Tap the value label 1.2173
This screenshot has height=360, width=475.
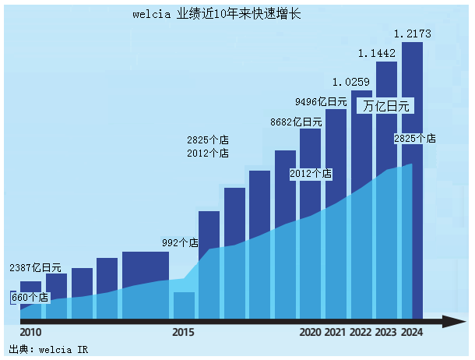pos(413,34)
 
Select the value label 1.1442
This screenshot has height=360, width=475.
pos(377,54)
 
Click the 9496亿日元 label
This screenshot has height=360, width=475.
pos(321,102)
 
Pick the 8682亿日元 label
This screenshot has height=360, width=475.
pos(296,122)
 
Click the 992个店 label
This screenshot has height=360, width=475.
pos(180,243)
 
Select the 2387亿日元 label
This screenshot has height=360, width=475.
pos(35,268)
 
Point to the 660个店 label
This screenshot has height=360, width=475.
pos(30,297)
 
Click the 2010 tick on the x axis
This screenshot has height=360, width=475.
pos(30,333)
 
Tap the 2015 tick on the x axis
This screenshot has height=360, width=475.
pos(183,333)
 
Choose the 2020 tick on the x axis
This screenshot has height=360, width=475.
pos(310,333)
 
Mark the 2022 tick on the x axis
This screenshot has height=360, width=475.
pos(361,333)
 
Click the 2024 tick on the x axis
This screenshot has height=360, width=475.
pos(412,333)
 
